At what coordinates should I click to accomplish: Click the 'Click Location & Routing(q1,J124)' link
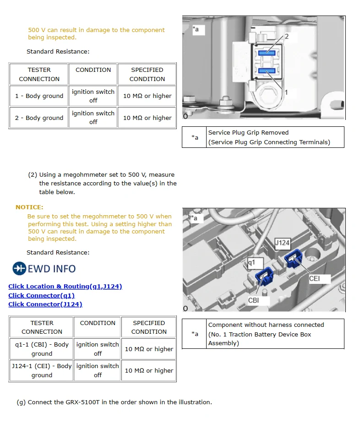(x=65, y=287)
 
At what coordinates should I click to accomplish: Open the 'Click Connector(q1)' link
(x=41, y=295)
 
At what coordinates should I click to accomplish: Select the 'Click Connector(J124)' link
(x=45, y=304)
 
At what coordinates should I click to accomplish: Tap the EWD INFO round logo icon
(x=19, y=268)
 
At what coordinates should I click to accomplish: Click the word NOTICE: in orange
(x=29, y=207)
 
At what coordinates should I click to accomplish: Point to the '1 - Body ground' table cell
(x=39, y=96)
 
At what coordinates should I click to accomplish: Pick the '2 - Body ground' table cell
(x=39, y=118)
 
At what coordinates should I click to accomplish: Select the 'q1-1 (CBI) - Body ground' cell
(x=42, y=349)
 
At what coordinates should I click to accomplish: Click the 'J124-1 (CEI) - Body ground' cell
(x=42, y=370)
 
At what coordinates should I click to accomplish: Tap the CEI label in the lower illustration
(x=314, y=278)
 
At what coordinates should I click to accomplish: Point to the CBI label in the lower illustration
(x=254, y=300)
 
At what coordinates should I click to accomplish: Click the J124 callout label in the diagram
(x=282, y=243)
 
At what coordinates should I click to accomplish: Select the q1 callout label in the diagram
(x=251, y=263)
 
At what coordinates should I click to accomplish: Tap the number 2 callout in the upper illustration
(x=287, y=36)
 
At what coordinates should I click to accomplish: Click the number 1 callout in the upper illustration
(x=286, y=92)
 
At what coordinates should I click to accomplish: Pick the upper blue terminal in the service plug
(x=266, y=53)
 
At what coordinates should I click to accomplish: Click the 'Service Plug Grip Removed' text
(x=248, y=133)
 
